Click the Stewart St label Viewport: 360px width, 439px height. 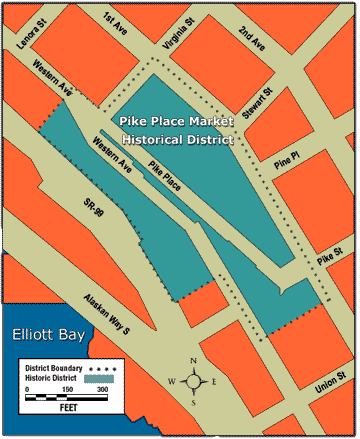click(x=260, y=104)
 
